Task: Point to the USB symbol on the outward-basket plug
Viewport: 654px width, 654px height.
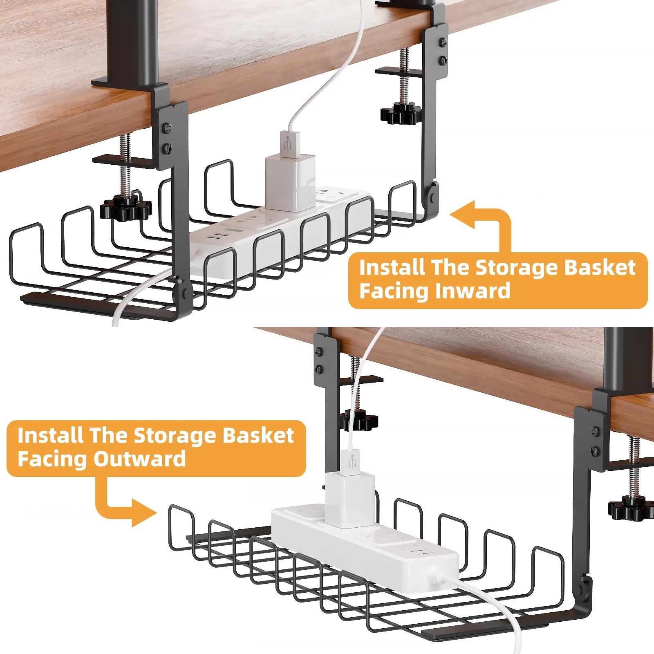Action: tap(352, 461)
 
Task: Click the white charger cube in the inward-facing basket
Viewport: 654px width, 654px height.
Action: tap(290, 182)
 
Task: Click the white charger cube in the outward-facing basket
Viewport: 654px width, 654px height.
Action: tap(350, 500)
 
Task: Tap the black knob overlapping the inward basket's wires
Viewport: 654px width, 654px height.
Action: tap(125, 207)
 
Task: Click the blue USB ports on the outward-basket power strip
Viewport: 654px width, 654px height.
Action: tap(421, 553)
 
